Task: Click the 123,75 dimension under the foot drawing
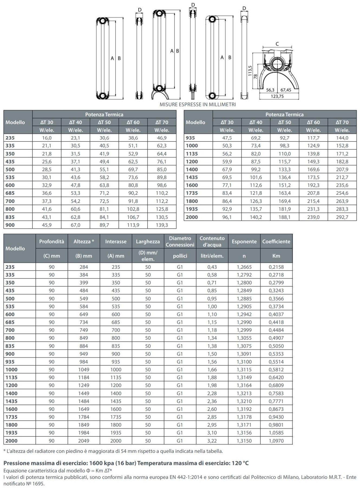(277, 96)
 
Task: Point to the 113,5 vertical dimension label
(250, 71)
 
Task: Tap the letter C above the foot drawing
(277, 44)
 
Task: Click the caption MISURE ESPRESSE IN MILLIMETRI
(198, 104)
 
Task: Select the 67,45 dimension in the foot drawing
(286, 90)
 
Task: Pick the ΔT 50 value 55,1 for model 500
(104, 170)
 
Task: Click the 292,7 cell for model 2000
(342, 217)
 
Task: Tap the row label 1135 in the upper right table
(192, 154)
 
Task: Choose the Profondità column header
(52, 242)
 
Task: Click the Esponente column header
(244, 242)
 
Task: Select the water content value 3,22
(212, 441)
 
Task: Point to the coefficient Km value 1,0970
(276, 441)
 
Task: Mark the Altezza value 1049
(84, 370)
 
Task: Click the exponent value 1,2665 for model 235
(244, 267)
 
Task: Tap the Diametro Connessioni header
(180, 242)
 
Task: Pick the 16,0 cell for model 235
(47, 138)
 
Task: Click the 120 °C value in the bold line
(240, 463)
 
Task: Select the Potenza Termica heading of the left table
(104, 115)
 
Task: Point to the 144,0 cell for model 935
(342, 138)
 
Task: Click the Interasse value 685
(116, 322)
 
